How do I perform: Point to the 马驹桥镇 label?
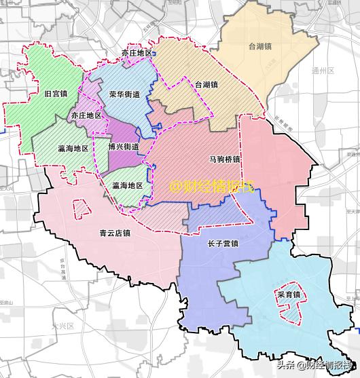pos(224,159)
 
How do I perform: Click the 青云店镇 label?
pos(114,233)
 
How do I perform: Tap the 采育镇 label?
pos(288,295)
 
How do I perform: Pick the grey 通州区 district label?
pos(338,71)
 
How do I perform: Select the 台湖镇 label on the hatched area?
pos(206,85)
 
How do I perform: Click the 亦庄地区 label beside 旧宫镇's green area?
pos(86,116)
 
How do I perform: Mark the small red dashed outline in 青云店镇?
pos(81,206)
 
